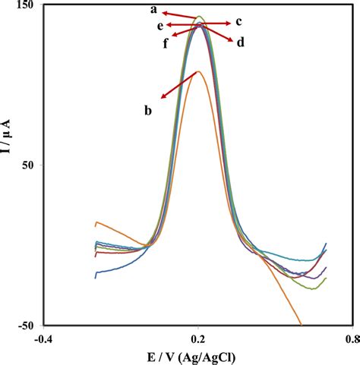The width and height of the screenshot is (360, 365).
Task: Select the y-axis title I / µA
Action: pos(9,164)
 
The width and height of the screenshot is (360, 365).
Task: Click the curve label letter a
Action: pos(153,10)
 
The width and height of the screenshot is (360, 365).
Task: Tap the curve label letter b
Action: pos(148,111)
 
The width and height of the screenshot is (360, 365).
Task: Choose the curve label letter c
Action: pos(238,22)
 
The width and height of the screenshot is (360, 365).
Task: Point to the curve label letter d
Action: pos(240,43)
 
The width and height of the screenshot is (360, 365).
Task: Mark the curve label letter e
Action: pos(160,26)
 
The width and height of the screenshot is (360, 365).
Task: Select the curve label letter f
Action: pos(165,42)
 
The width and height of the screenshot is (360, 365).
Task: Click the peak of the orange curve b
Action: pos(198,72)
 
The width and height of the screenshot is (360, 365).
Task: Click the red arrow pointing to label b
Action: pos(178,85)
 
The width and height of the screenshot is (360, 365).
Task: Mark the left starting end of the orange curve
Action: pos(95,223)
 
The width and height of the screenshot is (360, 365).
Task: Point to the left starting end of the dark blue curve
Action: pos(95,278)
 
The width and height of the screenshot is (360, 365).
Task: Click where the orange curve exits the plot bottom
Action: pos(302,324)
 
